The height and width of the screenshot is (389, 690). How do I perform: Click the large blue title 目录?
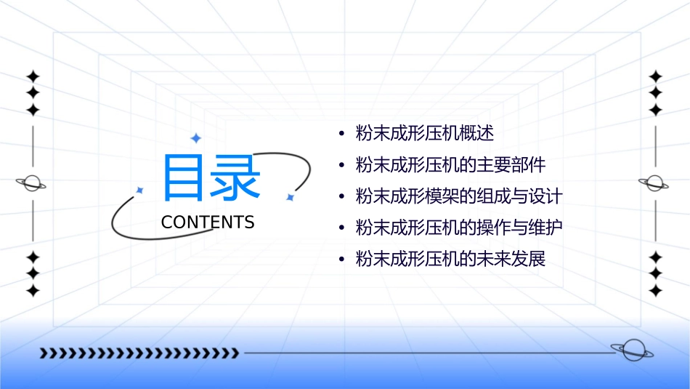(211, 178)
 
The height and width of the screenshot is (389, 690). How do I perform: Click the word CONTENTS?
(208, 222)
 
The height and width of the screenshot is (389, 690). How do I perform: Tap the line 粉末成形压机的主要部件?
(450, 165)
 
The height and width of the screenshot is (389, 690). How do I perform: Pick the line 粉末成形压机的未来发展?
(450, 259)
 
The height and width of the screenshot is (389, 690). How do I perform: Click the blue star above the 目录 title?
(195, 138)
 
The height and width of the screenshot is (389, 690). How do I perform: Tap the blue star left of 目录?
(140, 190)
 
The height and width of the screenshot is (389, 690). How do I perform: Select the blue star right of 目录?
(290, 197)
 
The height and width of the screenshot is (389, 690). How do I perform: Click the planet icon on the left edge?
(32, 183)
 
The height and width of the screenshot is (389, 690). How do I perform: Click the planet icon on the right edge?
(655, 183)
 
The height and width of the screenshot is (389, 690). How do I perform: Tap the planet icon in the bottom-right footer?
(631, 350)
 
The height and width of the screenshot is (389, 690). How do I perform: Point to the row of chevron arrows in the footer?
(139, 353)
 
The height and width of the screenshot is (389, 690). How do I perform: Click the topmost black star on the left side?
(32, 76)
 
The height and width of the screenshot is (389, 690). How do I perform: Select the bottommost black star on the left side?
(32, 290)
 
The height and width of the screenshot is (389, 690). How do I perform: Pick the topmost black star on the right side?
(655, 76)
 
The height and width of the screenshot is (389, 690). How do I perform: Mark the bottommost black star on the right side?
(655, 290)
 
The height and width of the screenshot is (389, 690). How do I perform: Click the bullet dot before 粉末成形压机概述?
(341, 135)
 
